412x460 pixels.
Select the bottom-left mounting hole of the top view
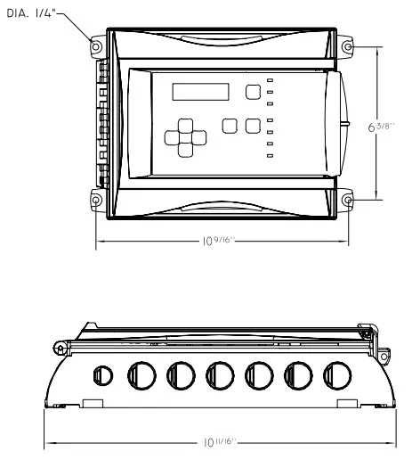pos(96,200)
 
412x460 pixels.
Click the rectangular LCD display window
pos(200,92)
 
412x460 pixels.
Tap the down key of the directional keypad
pos(185,150)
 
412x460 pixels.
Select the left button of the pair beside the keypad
pos(229,126)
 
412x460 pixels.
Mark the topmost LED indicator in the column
pos(270,80)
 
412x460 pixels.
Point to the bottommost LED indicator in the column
pos(270,156)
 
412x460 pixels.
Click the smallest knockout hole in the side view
pos(102,374)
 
